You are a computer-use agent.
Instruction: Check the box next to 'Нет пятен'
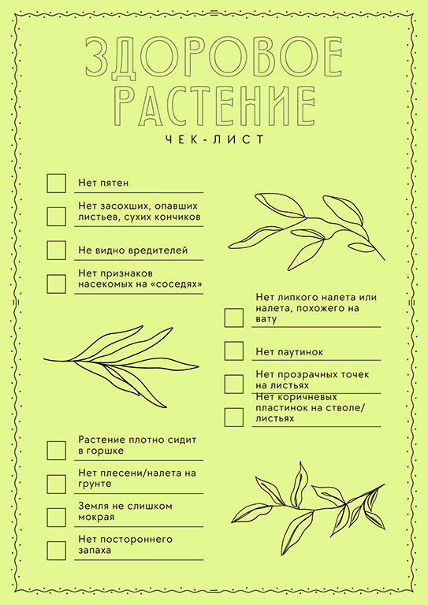point(56,184)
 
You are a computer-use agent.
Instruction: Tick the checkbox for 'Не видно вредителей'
point(56,251)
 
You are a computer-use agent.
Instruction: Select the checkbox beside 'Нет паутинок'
point(234,351)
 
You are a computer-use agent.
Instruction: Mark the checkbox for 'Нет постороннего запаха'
point(56,551)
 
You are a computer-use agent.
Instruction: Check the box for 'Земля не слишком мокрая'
point(56,518)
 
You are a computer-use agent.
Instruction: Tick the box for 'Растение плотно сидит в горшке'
point(56,451)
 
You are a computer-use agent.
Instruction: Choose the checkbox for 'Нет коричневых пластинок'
point(234,418)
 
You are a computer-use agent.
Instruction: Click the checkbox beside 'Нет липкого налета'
point(234,317)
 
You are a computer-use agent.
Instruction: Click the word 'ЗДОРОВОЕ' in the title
point(214,57)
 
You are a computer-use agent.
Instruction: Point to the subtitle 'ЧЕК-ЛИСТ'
point(214,139)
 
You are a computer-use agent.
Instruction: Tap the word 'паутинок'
point(300,352)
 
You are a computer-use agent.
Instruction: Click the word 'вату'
point(266,320)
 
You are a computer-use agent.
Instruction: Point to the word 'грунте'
point(95,484)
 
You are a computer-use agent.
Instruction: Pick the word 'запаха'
point(95,551)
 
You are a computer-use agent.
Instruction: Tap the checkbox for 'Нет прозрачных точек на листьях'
point(234,384)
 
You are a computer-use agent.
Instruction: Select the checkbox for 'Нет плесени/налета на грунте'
point(56,484)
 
